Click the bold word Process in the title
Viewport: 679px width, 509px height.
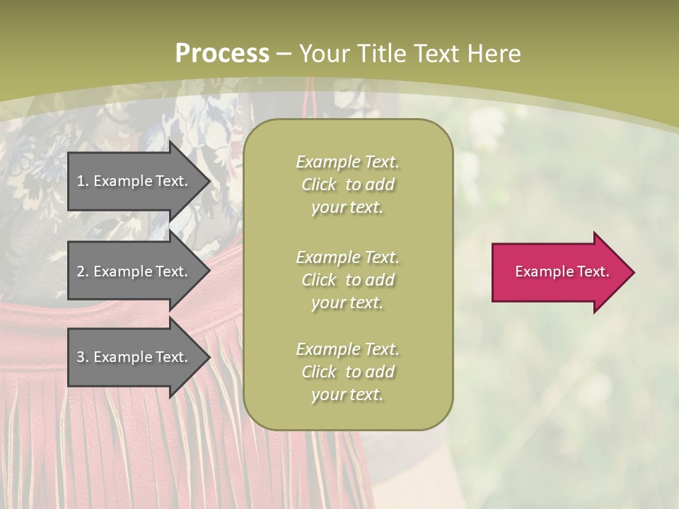click(222, 54)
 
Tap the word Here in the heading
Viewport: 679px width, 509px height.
click(492, 54)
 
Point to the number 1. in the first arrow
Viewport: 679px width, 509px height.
click(83, 181)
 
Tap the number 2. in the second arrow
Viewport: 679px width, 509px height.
click(83, 271)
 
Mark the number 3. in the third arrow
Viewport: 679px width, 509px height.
click(83, 357)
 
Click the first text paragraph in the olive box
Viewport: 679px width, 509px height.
click(347, 185)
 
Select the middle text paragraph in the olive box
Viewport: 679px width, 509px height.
click(347, 280)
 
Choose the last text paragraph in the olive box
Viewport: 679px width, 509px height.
click(347, 372)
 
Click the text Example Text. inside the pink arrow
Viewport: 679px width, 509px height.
click(562, 271)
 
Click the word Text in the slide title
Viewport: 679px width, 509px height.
click(436, 54)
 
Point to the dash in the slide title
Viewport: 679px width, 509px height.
click(284, 54)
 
